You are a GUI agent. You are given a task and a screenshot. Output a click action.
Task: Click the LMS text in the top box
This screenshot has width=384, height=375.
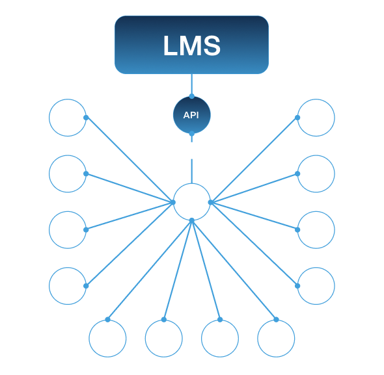[192, 45]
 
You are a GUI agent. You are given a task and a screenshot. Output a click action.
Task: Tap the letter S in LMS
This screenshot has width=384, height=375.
[212, 45]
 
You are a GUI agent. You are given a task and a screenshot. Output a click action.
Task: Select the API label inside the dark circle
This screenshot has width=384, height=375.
[191, 115]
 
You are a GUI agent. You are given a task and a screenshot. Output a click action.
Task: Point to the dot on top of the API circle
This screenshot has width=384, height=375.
[192, 96]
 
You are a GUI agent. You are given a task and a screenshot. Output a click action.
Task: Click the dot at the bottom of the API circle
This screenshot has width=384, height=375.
[192, 133]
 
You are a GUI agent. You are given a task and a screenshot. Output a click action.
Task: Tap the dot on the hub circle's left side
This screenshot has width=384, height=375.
[173, 202]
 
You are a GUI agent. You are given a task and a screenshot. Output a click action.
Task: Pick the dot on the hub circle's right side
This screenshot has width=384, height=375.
[211, 202]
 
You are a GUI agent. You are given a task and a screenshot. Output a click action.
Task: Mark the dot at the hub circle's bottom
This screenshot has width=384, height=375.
[192, 221]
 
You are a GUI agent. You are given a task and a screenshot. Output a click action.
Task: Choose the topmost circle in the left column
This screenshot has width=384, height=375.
[49, 118]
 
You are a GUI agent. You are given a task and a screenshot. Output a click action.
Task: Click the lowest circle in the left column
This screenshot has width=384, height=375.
[49, 286]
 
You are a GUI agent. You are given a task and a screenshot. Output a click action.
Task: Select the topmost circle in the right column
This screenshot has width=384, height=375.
[335, 118]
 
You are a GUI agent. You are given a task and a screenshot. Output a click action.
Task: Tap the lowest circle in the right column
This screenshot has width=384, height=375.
[335, 286]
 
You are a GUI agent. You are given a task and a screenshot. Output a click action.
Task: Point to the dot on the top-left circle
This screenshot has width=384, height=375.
[86, 118]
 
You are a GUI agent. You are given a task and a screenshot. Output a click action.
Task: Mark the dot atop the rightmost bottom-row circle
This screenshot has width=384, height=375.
[276, 320]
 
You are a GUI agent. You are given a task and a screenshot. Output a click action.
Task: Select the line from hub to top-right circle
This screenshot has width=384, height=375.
[254, 160]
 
